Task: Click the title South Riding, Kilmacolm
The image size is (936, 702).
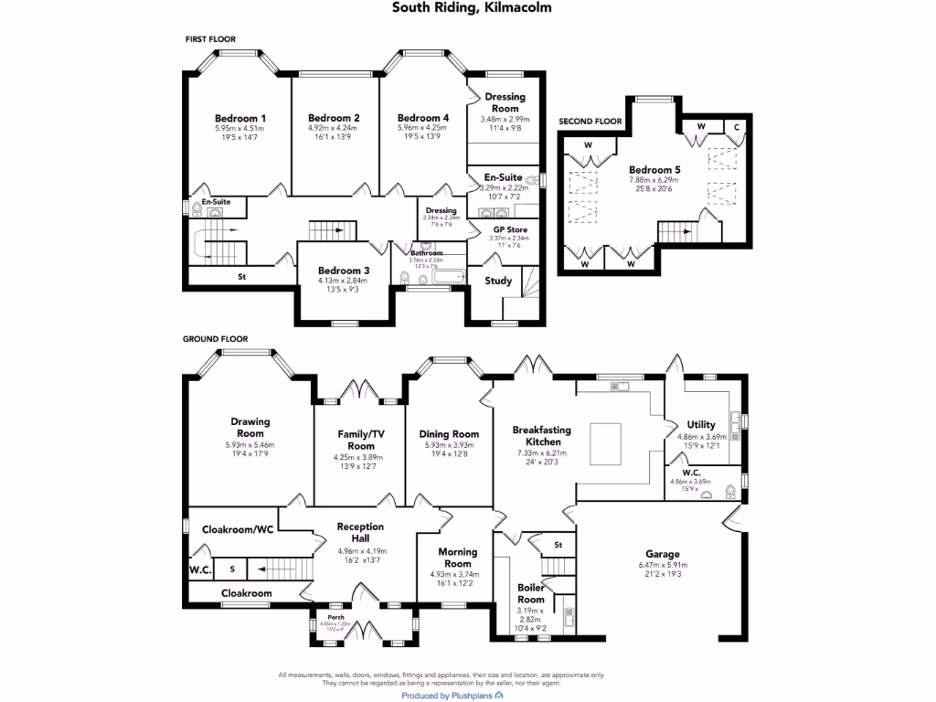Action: click(472, 7)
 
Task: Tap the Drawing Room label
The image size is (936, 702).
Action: click(250, 428)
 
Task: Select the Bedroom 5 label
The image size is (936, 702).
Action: click(654, 169)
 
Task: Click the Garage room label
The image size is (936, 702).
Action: click(662, 554)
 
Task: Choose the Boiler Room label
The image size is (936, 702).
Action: click(530, 593)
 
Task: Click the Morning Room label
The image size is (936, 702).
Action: click(457, 558)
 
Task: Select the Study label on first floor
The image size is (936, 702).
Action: click(498, 281)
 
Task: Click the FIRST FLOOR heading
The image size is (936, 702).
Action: click(210, 40)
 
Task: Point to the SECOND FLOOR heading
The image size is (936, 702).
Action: click(590, 122)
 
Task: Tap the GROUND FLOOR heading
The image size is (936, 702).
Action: click(215, 339)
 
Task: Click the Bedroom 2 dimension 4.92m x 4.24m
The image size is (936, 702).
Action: click(333, 129)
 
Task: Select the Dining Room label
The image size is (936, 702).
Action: click(449, 434)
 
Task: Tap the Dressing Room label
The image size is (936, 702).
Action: click(505, 102)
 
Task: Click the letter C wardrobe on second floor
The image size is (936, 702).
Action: click(737, 127)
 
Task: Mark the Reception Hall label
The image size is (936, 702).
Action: click(360, 533)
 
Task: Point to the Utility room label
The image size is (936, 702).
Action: click(701, 425)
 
